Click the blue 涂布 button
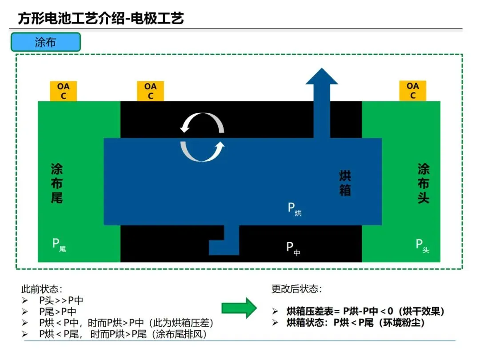pyautogui.click(x=46, y=42)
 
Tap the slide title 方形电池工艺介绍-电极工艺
pyautogui.click(x=101, y=18)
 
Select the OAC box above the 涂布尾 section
pyautogui.click(x=63, y=91)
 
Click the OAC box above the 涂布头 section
pyautogui.click(x=413, y=91)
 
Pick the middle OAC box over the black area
pyautogui.click(x=151, y=91)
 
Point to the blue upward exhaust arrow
pyautogui.click(x=321, y=102)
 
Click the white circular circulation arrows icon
pyautogui.click(x=202, y=137)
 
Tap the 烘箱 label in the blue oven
pyautogui.click(x=345, y=183)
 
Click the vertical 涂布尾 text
pyautogui.click(x=57, y=183)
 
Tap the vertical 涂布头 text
pyautogui.click(x=424, y=183)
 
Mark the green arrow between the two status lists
pyautogui.click(x=239, y=308)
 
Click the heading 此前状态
pyautogui.click(x=42, y=289)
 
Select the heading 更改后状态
pyautogui.click(x=296, y=289)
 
